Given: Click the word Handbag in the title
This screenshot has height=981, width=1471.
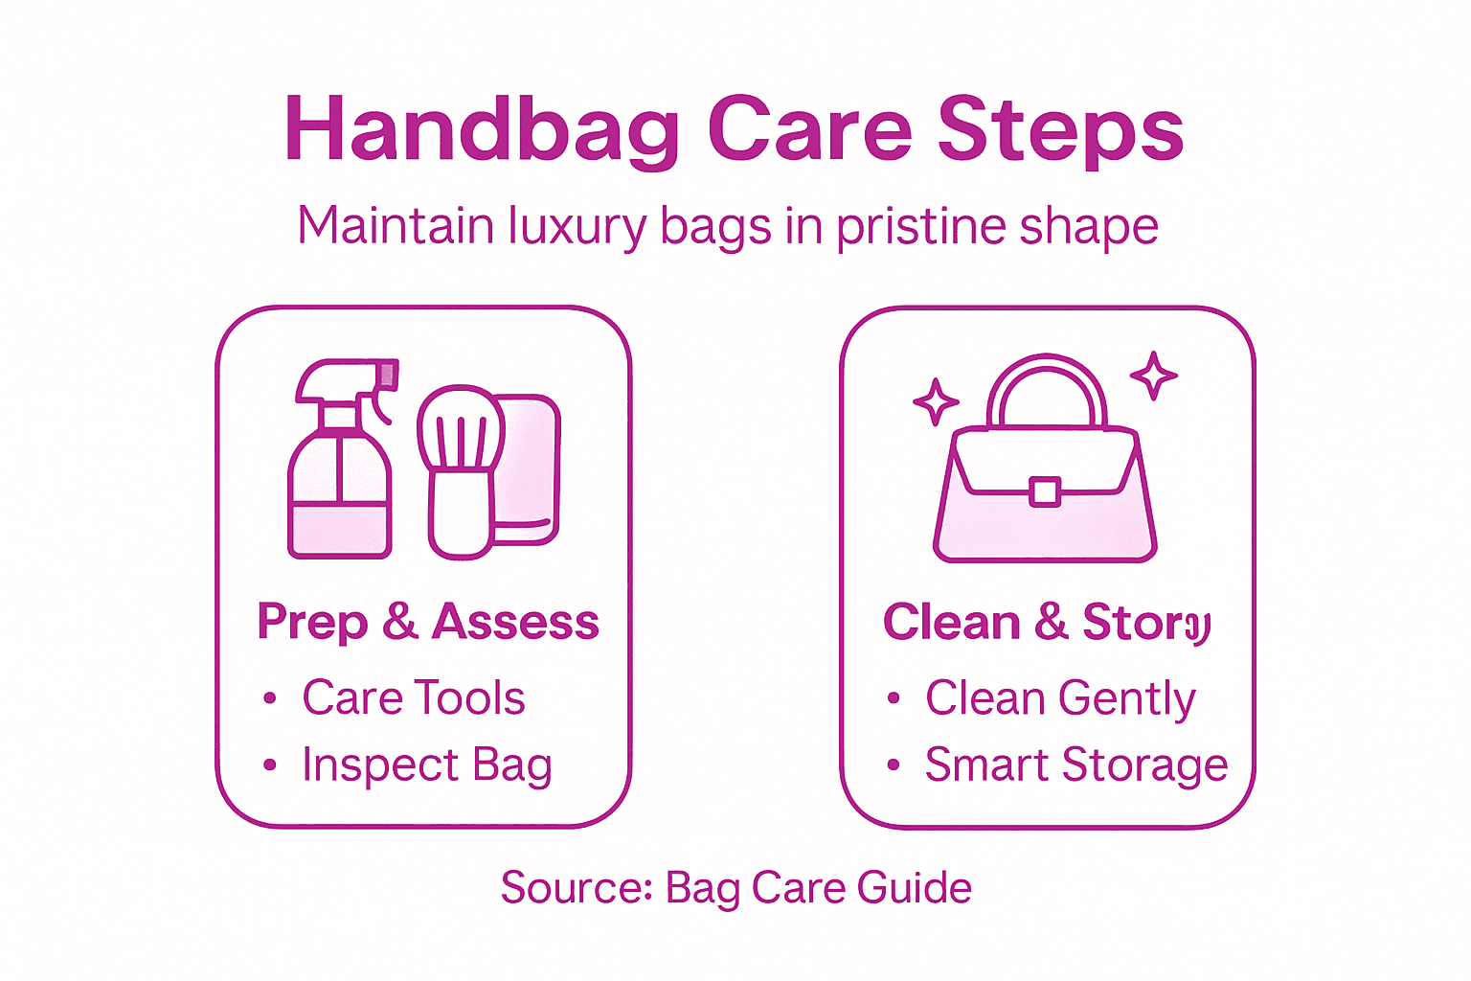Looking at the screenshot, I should pos(482,129).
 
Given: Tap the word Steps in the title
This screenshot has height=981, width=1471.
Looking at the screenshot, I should pos(1060,129).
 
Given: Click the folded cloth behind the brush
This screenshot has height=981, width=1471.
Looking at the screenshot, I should pos(528,469).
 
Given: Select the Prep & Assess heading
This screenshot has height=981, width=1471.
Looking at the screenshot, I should pos(428,622).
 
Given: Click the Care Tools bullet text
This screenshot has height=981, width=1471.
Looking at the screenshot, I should pos(414,697).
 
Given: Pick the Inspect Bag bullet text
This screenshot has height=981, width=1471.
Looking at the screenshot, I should pos(427,765).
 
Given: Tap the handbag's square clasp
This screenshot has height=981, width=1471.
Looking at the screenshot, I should pos(1045,491).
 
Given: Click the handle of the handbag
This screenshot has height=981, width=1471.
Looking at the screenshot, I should pos(1046,388).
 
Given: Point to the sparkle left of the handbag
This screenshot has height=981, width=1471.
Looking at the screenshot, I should pos(935,401).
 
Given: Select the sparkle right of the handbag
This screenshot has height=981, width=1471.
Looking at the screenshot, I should pos(1153,375).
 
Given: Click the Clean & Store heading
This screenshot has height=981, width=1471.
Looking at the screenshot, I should pos(1047,622).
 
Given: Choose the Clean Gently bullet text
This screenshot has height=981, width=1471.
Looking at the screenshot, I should pos(1060,698).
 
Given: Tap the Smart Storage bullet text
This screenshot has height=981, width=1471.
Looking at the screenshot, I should pos(1075,765).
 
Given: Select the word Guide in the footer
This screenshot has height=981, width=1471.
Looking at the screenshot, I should pos(915,888).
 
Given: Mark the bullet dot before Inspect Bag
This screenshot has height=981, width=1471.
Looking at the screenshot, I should pos(270,765).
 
